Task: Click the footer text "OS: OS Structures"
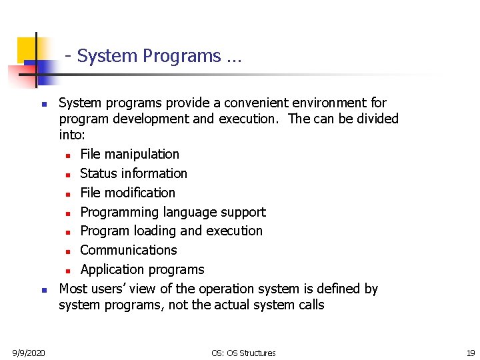click(243, 353)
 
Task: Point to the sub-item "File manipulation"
click(129, 154)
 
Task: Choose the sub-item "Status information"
click(133, 173)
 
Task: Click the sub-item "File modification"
click(127, 193)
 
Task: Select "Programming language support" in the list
click(173, 212)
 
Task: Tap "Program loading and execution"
click(171, 231)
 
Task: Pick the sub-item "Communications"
click(129, 250)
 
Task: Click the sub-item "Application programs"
click(142, 269)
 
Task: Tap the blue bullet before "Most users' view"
click(43, 290)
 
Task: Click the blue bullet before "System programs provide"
click(43, 105)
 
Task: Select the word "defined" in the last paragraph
click(336, 289)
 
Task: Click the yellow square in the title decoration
click(28, 48)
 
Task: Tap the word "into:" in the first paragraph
click(72, 135)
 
